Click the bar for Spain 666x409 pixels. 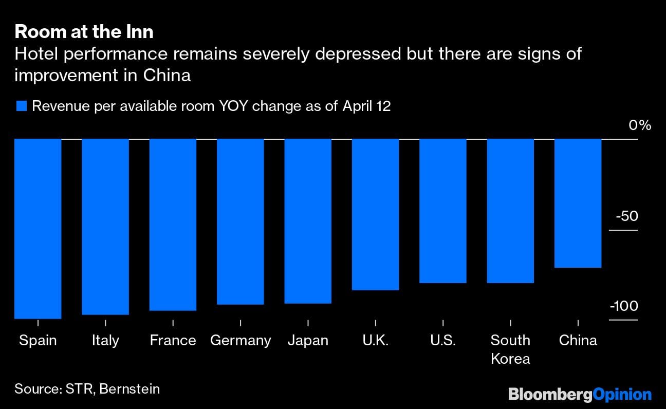click(38, 229)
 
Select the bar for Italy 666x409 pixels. click(105, 227)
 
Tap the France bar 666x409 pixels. click(173, 225)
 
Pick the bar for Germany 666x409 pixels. click(240, 221)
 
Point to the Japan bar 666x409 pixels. click(308, 221)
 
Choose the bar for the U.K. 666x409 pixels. click(375, 214)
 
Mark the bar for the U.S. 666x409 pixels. click(443, 211)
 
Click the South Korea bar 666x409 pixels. click(510, 211)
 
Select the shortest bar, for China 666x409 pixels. click(578, 203)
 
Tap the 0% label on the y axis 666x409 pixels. click(640, 125)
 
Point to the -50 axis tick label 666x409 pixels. click(626, 216)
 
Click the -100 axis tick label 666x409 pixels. click(624, 306)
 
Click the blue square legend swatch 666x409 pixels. click(21, 106)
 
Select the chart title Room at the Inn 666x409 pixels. click(84, 32)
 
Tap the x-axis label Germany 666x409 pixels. click(240, 340)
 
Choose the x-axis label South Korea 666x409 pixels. click(510, 349)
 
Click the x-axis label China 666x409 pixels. click(578, 340)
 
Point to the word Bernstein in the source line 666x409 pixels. click(129, 388)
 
